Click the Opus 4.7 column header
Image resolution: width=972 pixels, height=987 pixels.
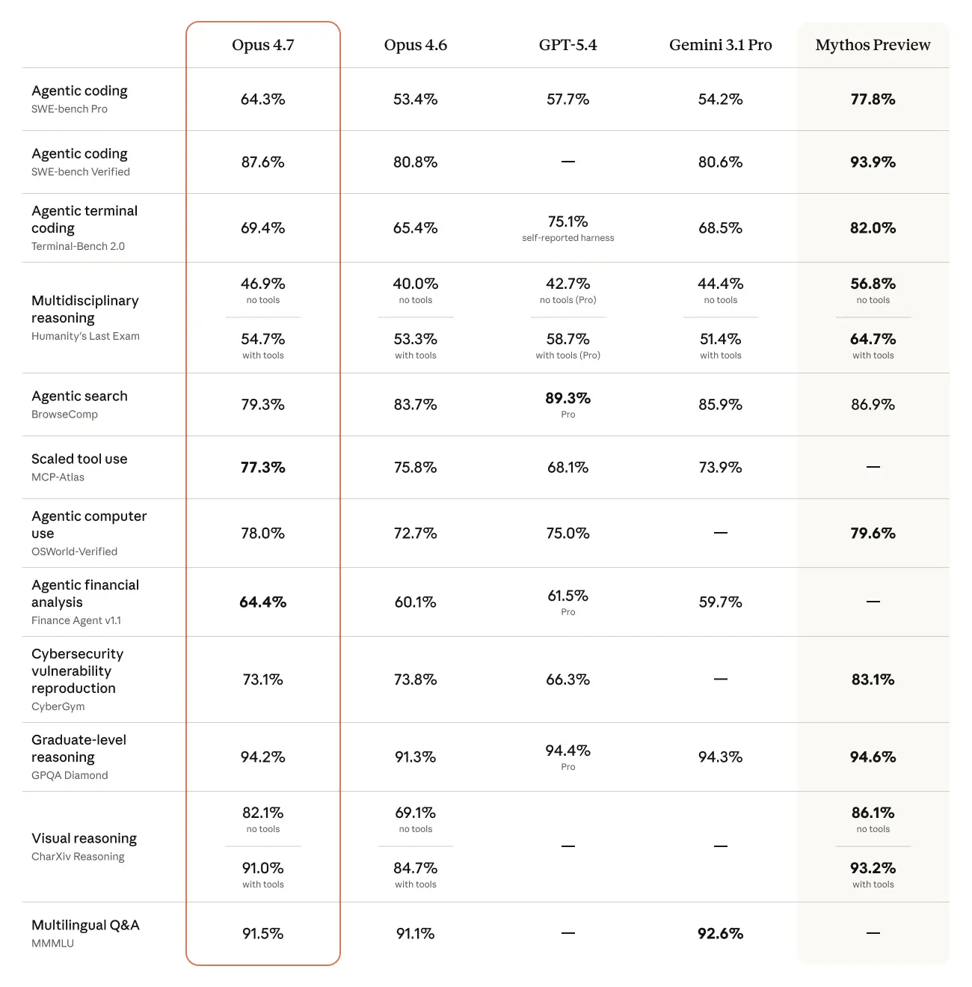point(262,45)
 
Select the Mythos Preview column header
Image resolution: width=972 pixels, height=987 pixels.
point(873,45)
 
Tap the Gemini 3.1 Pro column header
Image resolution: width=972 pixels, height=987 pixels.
point(720,45)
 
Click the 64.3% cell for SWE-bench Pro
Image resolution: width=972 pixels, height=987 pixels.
point(262,100)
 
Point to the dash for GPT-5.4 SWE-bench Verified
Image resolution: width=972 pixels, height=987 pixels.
point(567,162)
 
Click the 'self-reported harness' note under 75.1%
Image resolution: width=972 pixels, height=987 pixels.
point(567,238)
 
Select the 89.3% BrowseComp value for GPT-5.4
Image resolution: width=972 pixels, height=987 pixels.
point(567,398)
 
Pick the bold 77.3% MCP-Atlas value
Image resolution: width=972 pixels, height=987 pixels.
point(262,468)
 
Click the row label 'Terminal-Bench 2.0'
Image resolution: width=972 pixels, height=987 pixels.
point(78,246)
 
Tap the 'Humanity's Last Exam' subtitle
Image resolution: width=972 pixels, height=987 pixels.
point(85,336)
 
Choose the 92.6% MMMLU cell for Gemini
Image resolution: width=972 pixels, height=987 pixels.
point(720,934)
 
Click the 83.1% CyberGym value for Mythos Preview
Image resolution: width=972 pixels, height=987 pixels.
point(873,679)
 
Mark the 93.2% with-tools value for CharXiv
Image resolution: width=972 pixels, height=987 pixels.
point(873,868)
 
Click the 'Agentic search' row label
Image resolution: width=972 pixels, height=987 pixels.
point(79,396)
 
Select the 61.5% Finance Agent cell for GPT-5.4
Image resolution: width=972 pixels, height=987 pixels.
point(567,596)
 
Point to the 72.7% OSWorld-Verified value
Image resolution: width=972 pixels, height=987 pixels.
point(415,534)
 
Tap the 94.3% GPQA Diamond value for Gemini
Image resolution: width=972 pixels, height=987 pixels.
point(720,757)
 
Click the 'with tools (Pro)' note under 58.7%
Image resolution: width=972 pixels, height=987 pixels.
point(567,355)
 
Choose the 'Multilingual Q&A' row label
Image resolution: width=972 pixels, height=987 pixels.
point(85,925)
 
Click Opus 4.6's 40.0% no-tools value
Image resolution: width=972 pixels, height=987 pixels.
point(415,284)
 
